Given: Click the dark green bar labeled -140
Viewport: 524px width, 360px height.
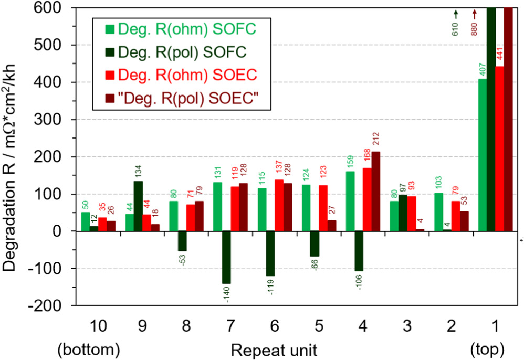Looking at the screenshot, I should click(x=226, y=257).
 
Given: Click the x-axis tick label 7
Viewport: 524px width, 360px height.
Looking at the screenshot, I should click(x=231, y=325).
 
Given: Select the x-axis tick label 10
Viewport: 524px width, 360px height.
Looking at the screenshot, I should click(x=98, y=325).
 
